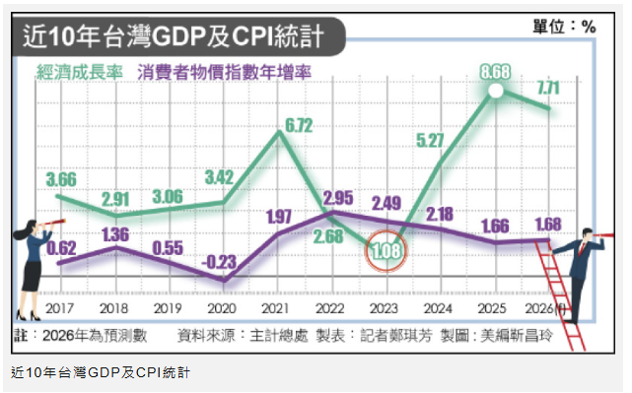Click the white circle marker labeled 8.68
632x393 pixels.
[x=495, y=92]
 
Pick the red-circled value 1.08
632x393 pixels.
[x=385, y=253]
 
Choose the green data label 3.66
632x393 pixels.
[x=61, y=179]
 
